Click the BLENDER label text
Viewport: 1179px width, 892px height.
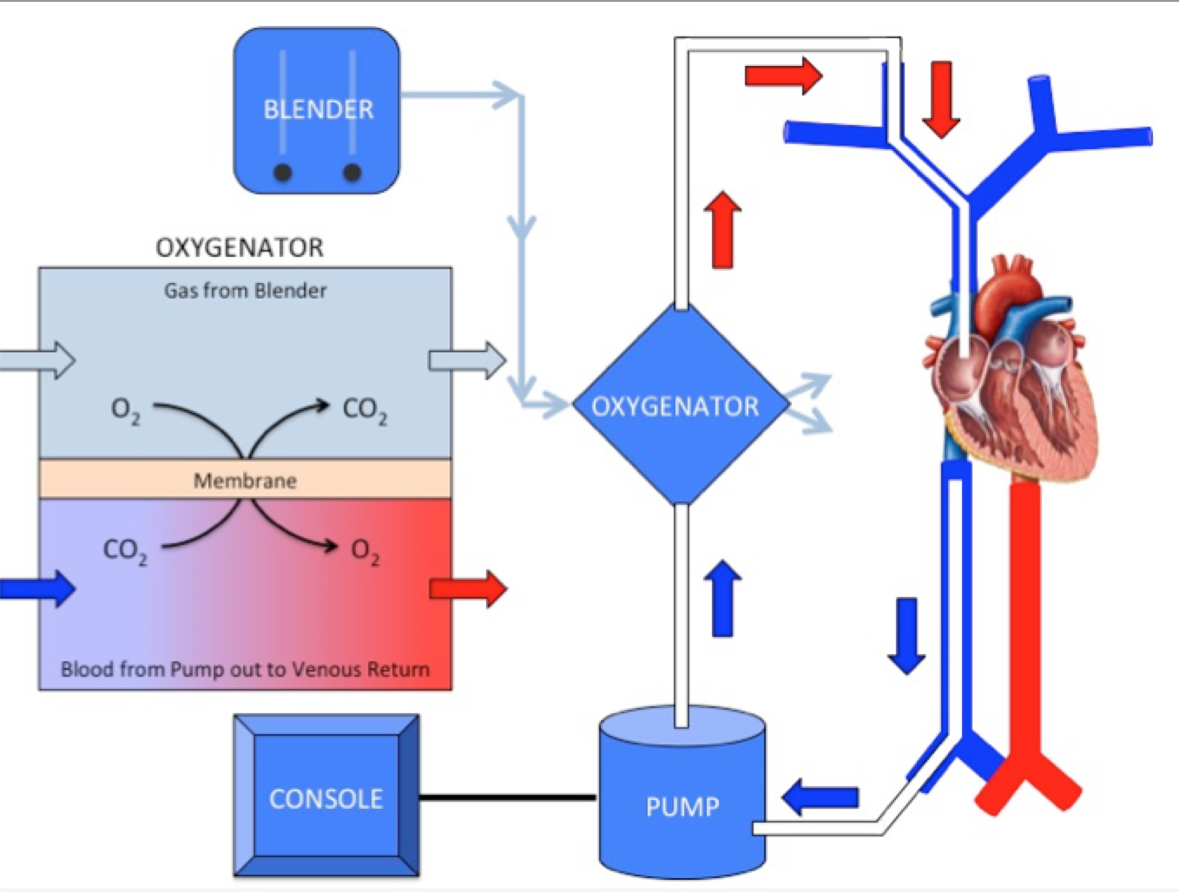click(x=318, y=109)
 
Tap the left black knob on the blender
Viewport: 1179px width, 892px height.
click(x=282, y=172)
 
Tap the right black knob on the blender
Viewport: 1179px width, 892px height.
click(x=352, y=172)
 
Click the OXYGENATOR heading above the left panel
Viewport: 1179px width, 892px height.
click(x=240, y=247)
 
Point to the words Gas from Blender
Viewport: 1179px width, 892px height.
click(x=245, y=291)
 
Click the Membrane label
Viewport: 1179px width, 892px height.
click(x=245, y=480)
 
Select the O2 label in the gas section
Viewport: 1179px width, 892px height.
click(x=125, y=410)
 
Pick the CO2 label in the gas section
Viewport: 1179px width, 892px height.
click(x=365, y=410)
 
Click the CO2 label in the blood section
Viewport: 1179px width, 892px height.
click(x=125, y=550)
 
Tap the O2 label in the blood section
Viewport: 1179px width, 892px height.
click(x=365, y=550)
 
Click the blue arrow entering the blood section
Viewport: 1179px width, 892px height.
click(x=39, y=588)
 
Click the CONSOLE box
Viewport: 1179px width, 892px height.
click(x=326, y=797)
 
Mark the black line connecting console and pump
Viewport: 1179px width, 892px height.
click(x=508, y=797)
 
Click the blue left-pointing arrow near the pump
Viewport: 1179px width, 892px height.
click(x=820, y=797)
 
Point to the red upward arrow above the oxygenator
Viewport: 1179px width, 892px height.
click(x=722, y=229)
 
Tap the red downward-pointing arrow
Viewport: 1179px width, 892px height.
click(x=940, y=99)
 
